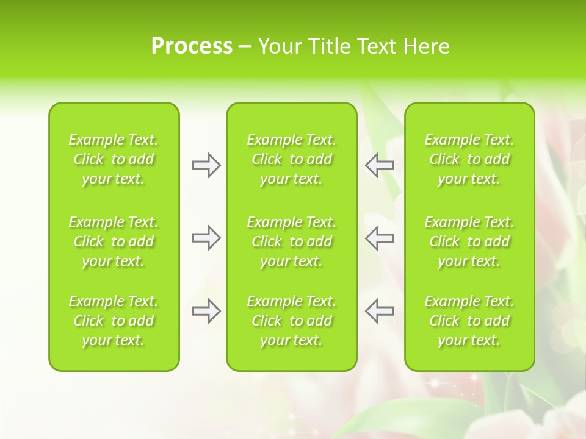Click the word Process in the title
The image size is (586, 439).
click(x=192, y=46)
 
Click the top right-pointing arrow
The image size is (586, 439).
click(x=206, y=165)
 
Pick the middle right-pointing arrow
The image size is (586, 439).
click(x=206, y=238)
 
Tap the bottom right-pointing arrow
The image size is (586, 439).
click(x=206, y=311)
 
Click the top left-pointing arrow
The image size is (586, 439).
click(x=379, y=165)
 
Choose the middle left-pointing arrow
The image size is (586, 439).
click(x=379, y=238)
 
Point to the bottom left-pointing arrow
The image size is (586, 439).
click(x=379, y=311)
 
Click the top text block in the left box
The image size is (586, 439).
click(x=114, y=159)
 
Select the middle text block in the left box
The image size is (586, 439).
click(x=114, y=241)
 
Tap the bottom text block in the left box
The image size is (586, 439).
click(x=114, y=321)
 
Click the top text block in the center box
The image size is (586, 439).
click(x=292, y=159)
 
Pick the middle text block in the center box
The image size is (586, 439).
click(x=292, y=241)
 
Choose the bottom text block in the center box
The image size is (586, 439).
click(x=292, y=321)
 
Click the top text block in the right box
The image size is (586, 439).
click(x=469, y=159)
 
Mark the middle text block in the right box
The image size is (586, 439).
click(x=469, y=241)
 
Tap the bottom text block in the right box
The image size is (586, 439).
click(x=469, y=321)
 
